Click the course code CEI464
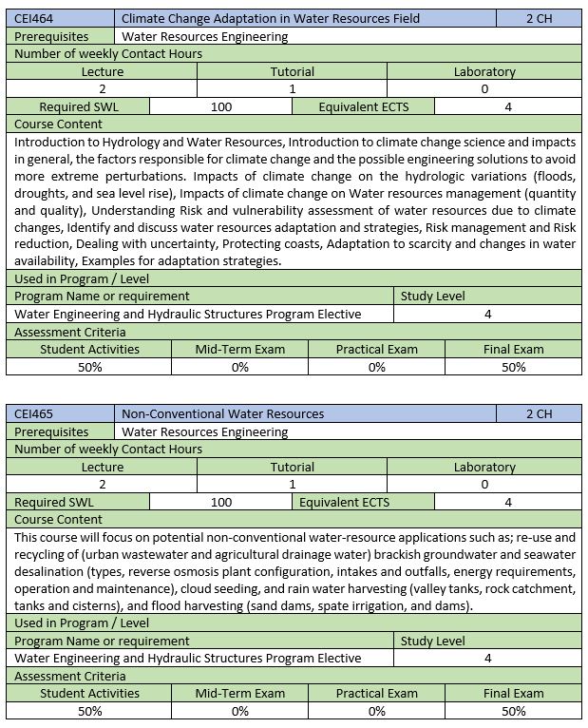[34, 18]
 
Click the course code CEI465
[34, 413]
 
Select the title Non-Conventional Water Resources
[223, 413]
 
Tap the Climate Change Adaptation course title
[271, 18]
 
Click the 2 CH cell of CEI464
[539, 18]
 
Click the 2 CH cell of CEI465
[539, 413]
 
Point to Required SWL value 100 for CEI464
[221, 106]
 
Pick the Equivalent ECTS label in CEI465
[344, 502]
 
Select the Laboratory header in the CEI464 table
[484, 71]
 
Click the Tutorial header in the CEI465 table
[293, 467]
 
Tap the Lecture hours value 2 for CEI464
[102, 88]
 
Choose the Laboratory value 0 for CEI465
[484, 484]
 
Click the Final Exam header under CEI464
[514, 349]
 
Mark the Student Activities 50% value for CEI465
[89, 710]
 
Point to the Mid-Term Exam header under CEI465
[240, 693]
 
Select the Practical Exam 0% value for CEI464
[377, 366]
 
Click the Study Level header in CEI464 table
[432, 296]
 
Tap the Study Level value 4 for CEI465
[487, 658]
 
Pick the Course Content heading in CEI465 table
[59, 519]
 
